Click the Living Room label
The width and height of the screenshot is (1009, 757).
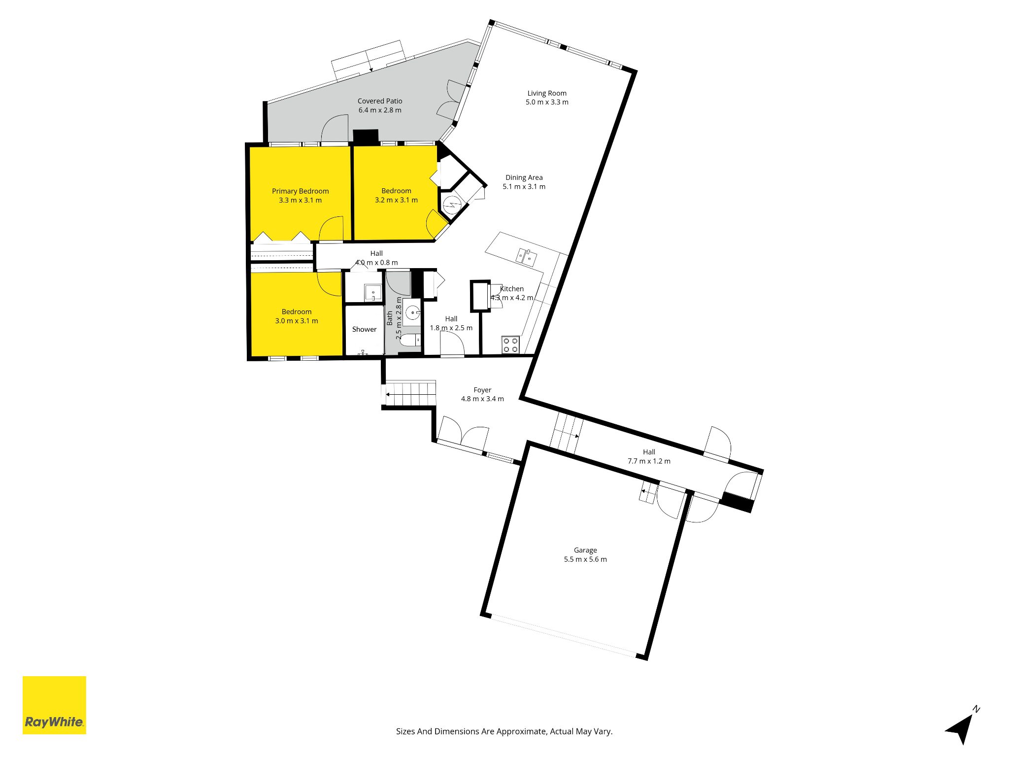(547, 93)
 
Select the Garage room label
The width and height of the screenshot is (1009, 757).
(585, 550)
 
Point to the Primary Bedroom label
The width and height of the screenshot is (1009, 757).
(300, 191)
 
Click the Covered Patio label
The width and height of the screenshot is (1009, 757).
(380, 101)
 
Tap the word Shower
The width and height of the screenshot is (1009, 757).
(364, 329)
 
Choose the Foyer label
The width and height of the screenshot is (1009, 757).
(482, 390)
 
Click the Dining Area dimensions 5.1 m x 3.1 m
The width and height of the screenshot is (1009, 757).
(524, 187)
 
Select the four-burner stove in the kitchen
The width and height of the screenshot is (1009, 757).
(510, 344)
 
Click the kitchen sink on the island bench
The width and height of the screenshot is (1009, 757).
(526, 255)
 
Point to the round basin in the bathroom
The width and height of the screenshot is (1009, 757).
(412, 312)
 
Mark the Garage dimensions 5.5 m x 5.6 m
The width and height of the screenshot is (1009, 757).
(585, 559)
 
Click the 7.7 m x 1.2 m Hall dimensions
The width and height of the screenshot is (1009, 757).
(649, 461)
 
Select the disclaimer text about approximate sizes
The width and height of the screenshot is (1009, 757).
(504, 731)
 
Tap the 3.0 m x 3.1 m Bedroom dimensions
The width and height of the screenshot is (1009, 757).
(297, 321)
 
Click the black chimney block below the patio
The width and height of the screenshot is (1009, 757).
(366, 137)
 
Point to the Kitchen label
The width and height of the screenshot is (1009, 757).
(512, 289)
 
